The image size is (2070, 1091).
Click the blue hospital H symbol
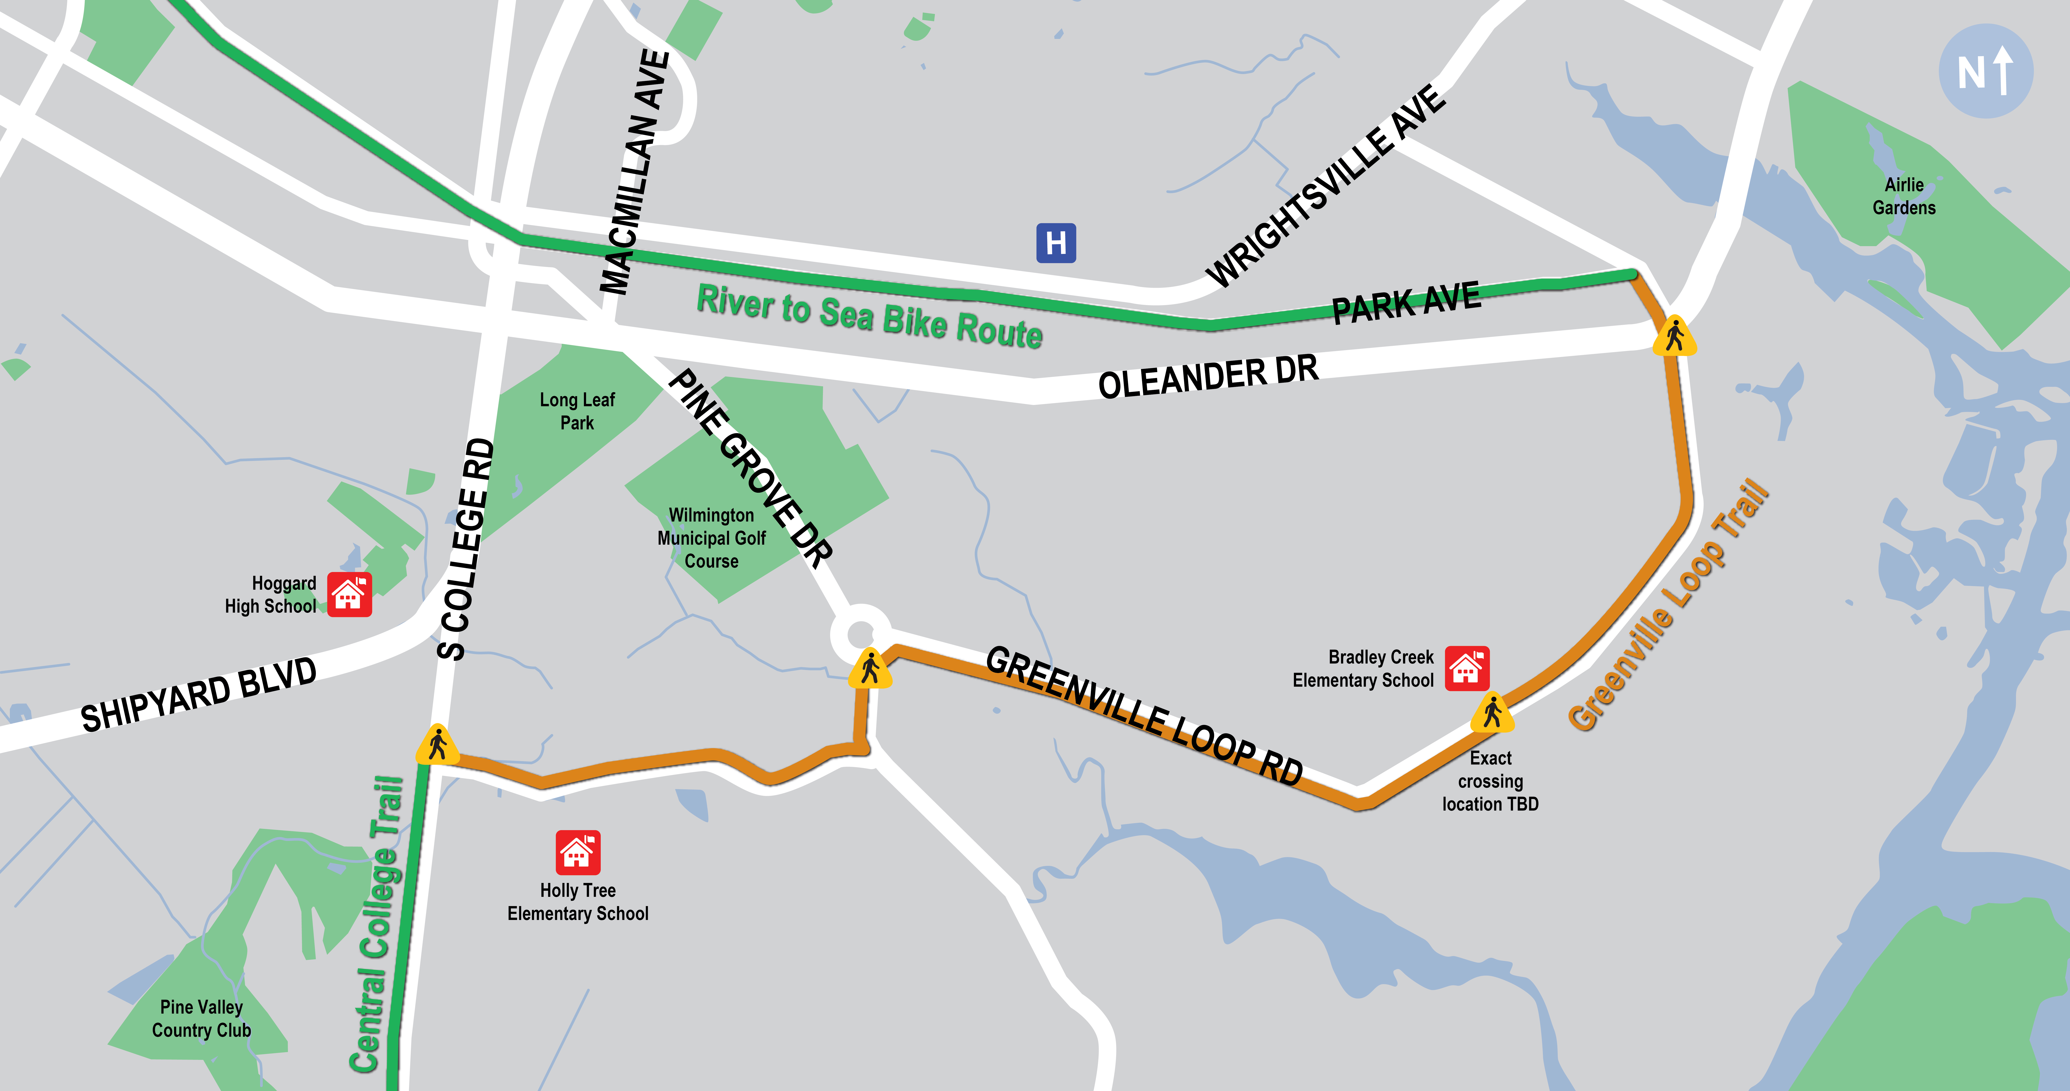(1056, 243)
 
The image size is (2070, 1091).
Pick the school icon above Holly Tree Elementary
(578, 852)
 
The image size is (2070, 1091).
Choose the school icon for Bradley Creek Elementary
(1467, 668)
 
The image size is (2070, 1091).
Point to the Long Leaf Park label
(577, 411)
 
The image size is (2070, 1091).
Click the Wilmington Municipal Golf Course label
(711, 538)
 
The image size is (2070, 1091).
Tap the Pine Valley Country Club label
(202, 1019)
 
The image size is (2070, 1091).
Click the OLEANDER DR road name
(1208, 376)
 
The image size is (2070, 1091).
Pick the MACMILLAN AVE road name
(635, 173)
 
